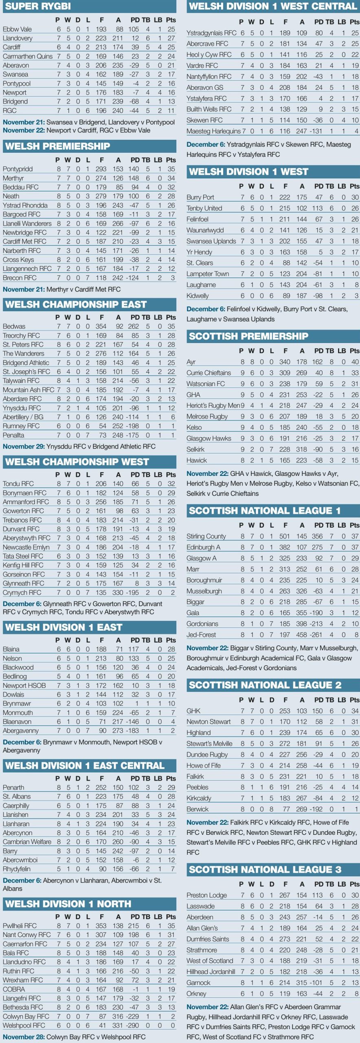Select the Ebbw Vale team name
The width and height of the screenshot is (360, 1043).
(x=17, y=29)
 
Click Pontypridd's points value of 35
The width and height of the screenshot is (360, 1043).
(x=171, y=169)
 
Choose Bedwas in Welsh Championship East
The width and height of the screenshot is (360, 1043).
(x=14, y=326)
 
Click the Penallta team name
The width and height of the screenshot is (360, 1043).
(x=13, y=435)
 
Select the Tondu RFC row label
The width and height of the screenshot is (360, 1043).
(x=18, y=484)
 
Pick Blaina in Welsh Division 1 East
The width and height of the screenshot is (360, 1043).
(x=11, y=649)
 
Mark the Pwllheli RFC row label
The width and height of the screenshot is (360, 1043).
(x=20, y=926)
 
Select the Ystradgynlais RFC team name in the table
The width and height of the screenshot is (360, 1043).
(x=211, y=33)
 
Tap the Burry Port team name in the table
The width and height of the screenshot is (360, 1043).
(x=200, y=198)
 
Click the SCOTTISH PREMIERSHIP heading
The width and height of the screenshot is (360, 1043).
(x=248, y=336)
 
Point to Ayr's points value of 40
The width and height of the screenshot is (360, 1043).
(x=355, y=362)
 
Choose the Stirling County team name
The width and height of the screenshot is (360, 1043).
(x=206, y=536)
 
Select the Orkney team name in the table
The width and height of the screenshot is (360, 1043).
(x=196, y=994)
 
